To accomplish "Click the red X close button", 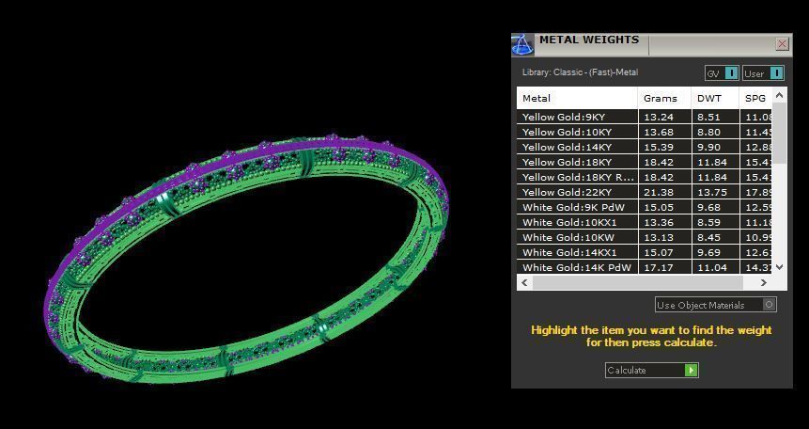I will pyautogui.click(x=782, y=44).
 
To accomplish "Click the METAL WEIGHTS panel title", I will pyautogui.click(x=588, y=40).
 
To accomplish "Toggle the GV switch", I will pyautogui.click(x=731, y=73).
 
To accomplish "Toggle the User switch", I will pyautogui.click(x=776, y=73).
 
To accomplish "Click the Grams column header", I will pyautogui.click(x=660, y=98).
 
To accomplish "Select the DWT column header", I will pyautogui.click(x=708, y=98).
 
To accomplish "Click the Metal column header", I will pyautogui.click(x=537, y=98).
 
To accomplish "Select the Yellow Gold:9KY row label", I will pyautogui.click(x=564, y=118).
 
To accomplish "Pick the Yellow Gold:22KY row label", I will pyautogui.click(x=567, y=193).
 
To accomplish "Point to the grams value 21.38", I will pyautogui.click(x=660, y=193).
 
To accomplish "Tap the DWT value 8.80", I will pyautogui.click(x=708, y=133).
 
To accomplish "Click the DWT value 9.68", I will pyautogui.click(x=708, y=208).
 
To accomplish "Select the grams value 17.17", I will pyautogui.click(x=660, y=268).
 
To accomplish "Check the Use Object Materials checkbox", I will pyautogui.click(x=770, y=305).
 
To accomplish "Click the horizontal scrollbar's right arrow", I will pyautogui.click(x=763, y=282).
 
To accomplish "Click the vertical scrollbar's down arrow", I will pyautogui.click(x=779, y=267).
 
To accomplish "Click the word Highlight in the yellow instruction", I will pyautogui.click(x=554, y=330).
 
